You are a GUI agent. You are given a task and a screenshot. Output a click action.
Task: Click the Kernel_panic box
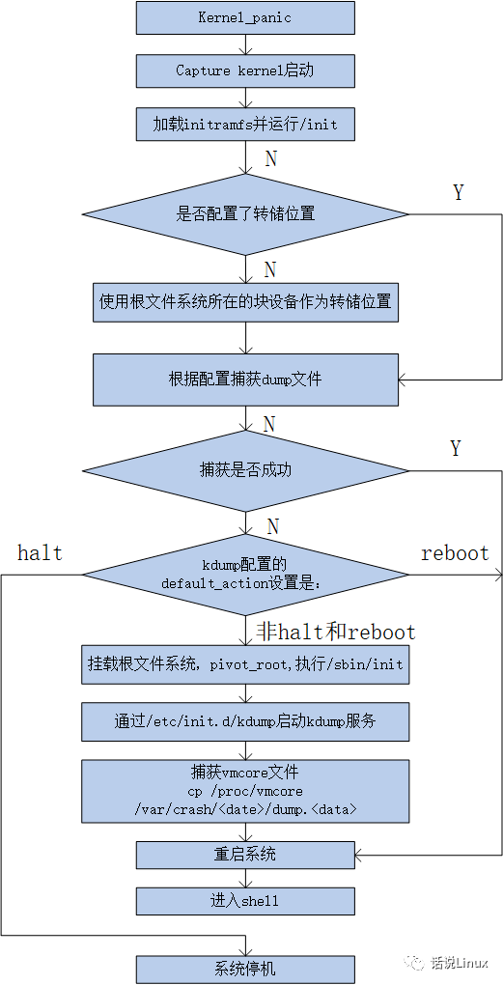pos(245,17)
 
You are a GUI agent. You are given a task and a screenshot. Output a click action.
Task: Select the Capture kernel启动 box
pos(245,70)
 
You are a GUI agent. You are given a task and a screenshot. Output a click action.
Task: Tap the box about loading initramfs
pos(245,124)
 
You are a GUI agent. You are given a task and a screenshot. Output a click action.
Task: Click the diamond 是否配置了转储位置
pos(245,214)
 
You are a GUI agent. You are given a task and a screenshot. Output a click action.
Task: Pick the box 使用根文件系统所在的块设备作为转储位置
pos(245,301)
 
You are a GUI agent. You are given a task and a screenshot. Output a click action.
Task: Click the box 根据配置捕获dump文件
pos(245,380)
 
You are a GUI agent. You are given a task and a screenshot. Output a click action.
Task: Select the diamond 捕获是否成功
pos(245,470)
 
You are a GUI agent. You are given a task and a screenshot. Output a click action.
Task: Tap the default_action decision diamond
pos(245,575)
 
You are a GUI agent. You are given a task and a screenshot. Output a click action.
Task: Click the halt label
pos(40,553)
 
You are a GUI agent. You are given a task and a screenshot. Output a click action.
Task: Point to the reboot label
pos(455,553)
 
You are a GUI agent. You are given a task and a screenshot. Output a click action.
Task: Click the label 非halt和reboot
pos(336,633)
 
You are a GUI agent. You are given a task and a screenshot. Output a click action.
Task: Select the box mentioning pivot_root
pos(245,664)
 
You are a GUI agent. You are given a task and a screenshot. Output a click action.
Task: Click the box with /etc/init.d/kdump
pos(245,720)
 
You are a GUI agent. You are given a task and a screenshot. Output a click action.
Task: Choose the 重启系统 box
pos(245,855)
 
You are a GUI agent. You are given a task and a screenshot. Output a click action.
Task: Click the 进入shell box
pos(245,901)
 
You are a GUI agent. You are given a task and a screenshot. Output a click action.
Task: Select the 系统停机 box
pos(245,969)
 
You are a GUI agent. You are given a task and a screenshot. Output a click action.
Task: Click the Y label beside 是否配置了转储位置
pos(458,193)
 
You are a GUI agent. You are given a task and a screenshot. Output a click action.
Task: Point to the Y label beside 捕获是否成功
pos(456,448)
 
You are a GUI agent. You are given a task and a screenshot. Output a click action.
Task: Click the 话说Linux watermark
pos(447,963)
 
